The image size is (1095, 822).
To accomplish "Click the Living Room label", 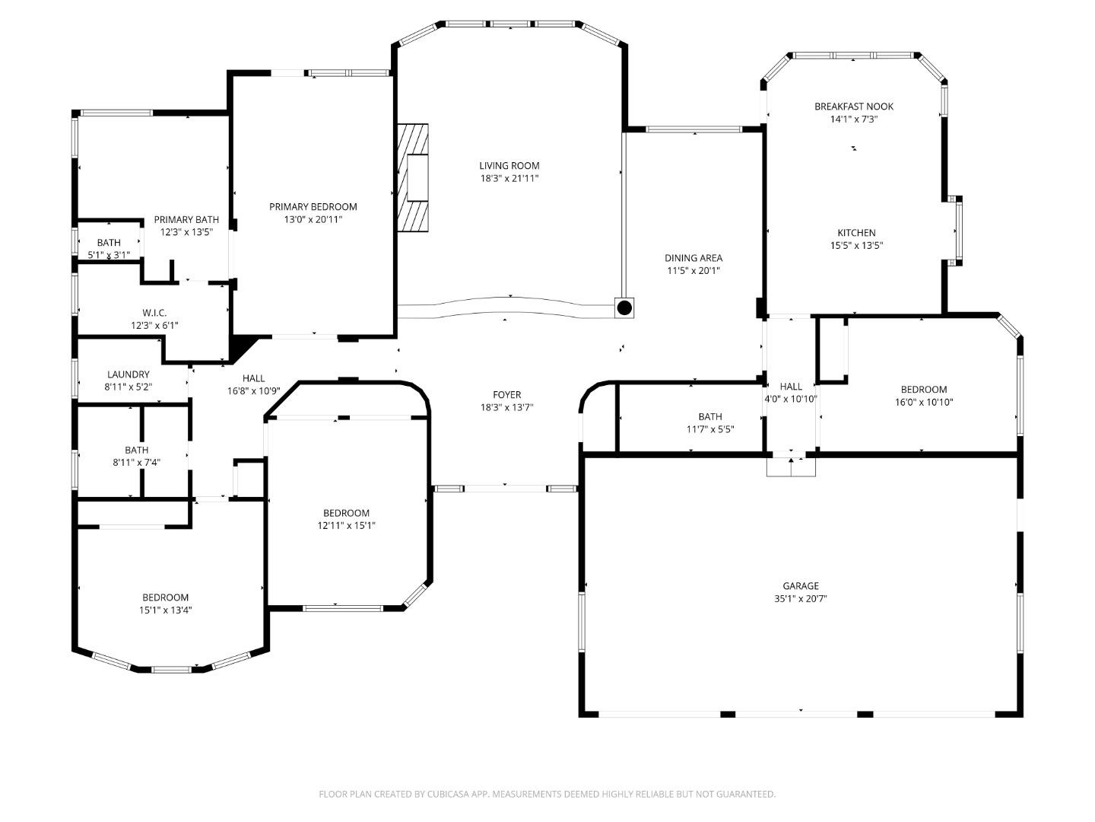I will click(x=509, y=166).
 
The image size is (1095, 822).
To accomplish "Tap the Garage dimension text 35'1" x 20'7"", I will click(x=801, y=599).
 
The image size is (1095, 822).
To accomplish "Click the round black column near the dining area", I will click(x=624, y=307).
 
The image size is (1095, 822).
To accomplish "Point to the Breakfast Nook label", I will click(x=854, y=107).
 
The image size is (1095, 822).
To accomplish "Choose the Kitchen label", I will click(x=856, y=233).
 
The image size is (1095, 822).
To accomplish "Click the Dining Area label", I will click(x=693, y=258).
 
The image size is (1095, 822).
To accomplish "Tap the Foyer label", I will click(x=506, y=395).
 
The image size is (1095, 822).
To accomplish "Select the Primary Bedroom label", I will click(x=313, y=207).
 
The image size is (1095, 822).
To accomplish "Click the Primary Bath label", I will click(x=186, y=220).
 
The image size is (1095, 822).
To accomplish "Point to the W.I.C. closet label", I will click(x=154, y=313).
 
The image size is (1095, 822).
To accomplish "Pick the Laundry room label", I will click(x=129, y=374).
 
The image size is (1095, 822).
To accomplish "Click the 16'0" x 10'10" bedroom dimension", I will click(x=924, y=403).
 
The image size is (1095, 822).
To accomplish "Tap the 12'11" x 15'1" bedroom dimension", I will click(x=346, y=525).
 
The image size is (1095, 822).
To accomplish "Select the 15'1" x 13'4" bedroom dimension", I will click(x=165, y=610).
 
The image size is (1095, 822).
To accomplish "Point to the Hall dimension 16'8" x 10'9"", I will click(x=254, y=391).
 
